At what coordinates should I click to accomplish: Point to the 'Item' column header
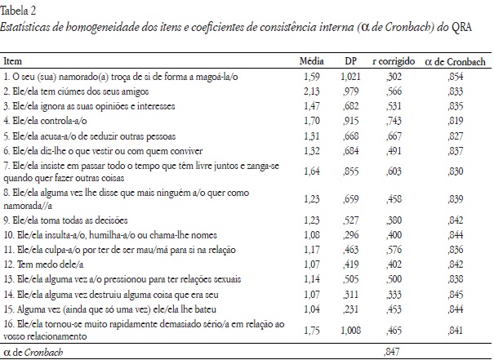click(14, 61)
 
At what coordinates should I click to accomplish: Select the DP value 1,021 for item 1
click(349, 75)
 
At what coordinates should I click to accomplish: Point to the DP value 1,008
click(349, 326)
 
